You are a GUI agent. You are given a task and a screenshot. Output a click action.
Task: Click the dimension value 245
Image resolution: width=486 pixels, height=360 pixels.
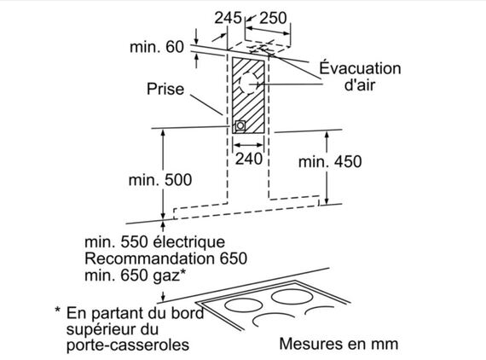click(228, 18)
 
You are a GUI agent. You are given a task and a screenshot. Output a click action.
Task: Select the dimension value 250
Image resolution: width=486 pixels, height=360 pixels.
click(273, 18)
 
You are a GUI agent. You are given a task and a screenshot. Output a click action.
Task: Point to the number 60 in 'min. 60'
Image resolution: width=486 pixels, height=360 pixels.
click(175, 47)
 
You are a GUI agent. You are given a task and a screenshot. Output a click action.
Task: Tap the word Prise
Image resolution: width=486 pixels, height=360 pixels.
click(165, 89)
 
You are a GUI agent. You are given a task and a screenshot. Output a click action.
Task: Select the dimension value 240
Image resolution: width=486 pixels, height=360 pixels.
click(249, 159)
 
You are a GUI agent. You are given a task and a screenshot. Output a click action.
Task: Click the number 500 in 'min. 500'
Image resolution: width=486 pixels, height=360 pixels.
click(178, 180)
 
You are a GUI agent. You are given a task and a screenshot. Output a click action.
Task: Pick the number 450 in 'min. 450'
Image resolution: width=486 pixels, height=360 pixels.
click(348, 161)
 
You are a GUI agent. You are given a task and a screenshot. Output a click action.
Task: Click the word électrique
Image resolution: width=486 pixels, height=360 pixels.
click(189, 241)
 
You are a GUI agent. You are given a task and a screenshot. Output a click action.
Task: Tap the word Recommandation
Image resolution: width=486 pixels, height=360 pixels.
click(149, 258)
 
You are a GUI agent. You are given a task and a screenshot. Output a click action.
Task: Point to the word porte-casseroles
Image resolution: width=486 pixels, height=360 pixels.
click(128, 345)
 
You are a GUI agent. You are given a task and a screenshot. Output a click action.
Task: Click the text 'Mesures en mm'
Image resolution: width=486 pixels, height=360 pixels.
click(338, 344)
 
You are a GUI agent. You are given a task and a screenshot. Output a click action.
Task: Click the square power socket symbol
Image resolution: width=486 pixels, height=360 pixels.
click(240, 126)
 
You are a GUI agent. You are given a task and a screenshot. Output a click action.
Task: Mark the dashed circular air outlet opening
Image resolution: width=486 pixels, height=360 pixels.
click(250, 83)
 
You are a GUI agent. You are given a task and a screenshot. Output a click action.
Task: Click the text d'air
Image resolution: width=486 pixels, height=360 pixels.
click(360, 84)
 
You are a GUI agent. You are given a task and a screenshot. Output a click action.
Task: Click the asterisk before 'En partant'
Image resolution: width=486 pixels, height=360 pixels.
click(58, 310)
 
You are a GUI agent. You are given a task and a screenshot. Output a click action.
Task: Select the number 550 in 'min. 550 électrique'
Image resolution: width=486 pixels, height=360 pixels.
click(134, 241)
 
